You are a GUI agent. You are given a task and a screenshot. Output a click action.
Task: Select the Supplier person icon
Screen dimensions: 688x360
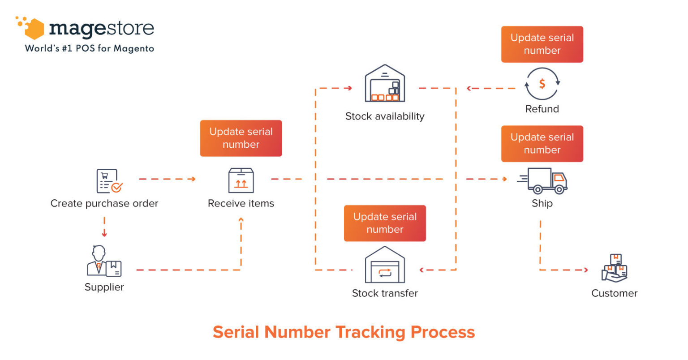[x=104, y=261]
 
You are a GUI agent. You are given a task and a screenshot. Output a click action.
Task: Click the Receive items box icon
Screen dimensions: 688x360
[x=241, y=180]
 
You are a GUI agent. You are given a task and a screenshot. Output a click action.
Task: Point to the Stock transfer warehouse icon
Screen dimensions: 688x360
[x=385, y=265]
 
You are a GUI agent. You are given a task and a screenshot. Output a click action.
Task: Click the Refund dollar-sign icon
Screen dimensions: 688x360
[x=542, y=84]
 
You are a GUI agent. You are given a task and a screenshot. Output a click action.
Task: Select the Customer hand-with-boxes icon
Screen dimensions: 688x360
[x=614, y=268]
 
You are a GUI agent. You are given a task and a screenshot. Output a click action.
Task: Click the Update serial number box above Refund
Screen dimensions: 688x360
[x=542, y=44]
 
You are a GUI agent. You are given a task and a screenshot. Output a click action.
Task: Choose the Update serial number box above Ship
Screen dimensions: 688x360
[x=542, y=144]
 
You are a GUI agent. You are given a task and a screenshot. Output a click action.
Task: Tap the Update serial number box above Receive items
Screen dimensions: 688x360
[x=241, y=138]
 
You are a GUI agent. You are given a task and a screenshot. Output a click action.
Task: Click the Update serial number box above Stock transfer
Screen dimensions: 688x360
[x=385, y=223]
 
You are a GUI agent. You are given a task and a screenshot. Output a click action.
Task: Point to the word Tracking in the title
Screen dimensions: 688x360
[x=371, y=332]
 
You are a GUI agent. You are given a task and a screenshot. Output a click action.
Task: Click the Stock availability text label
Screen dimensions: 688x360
[x=385, y=116]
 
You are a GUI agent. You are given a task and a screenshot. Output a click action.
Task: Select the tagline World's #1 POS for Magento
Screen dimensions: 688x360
[x=90, y=48]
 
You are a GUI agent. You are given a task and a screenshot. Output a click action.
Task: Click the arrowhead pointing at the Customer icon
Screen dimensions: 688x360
[x=586, y=270]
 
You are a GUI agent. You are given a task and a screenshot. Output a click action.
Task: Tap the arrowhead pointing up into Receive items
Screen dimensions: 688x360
[x=241, y=219]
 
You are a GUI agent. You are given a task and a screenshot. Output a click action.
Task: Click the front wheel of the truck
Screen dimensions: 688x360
[x=559, y=189]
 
